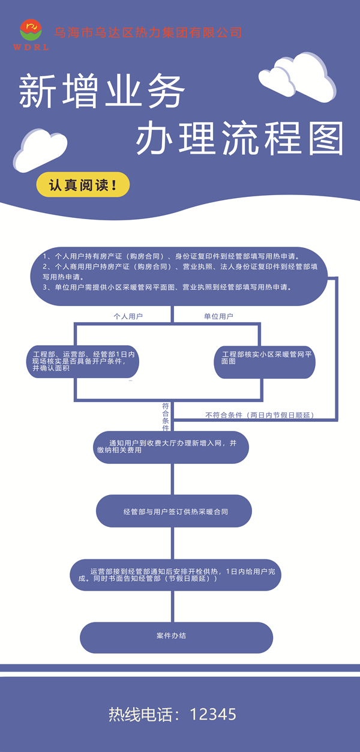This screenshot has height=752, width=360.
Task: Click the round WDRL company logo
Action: [x=31, y=30]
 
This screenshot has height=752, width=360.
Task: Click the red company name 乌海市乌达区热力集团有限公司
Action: [x=148, y=32]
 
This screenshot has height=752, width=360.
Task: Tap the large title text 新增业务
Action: [x=101, y=91]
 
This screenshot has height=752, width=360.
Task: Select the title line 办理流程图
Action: [x=239, y=138]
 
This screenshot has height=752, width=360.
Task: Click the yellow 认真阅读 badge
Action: [x=83, y=185]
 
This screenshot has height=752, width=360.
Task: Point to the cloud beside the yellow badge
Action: [x=40, y=151]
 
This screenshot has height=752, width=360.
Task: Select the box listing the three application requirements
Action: [x=179, y=276]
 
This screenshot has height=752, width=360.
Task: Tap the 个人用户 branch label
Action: [x=128, y=316]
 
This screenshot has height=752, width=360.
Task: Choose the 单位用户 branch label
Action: [x=218, y=316]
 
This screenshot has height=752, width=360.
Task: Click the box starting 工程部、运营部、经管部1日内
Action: [x=83, y=361]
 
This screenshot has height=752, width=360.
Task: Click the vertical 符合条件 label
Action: [x=166, y=417]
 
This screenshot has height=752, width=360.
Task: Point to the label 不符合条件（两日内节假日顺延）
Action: [x=260, y=415]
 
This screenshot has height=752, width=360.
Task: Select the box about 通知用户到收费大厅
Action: [x=171, y=447]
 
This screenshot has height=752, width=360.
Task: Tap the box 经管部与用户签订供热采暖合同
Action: [x=174, y=511]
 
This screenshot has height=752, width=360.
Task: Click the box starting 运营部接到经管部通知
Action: [x=175, y=575]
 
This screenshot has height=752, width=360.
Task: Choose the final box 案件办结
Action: [x=176, y=637]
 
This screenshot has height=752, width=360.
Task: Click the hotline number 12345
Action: [x=213, y=714]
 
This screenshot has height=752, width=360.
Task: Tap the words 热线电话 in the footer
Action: [x=141, y=714]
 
